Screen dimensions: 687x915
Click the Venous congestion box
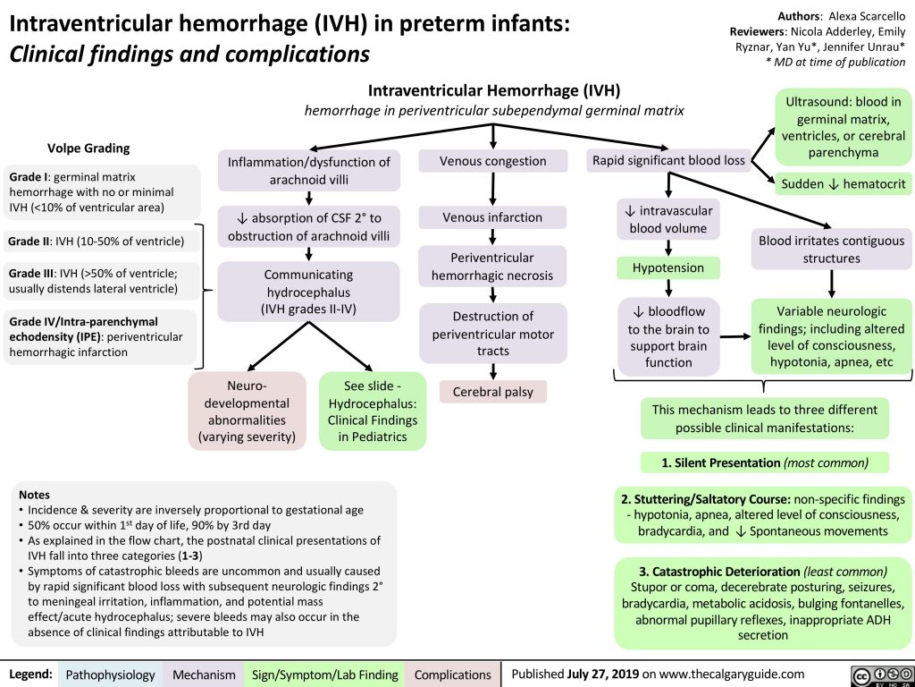493,161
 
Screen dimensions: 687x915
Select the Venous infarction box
493,217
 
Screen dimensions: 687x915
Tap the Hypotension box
668,268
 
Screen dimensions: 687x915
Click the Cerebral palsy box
493,392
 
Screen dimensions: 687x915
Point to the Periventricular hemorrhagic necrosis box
493,267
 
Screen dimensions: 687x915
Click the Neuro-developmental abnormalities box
248,410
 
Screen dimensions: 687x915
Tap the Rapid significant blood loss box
668,161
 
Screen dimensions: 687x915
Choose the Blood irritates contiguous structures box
832,250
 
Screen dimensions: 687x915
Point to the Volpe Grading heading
88,148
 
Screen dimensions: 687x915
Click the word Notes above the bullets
34,494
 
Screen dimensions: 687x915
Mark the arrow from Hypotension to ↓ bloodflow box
668,287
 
